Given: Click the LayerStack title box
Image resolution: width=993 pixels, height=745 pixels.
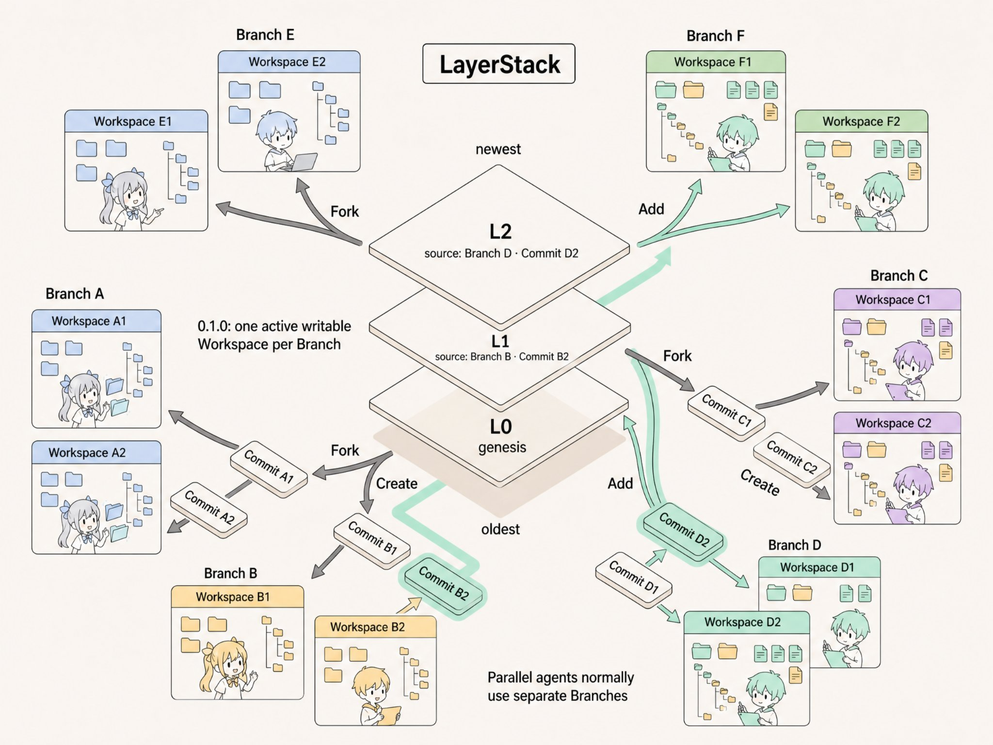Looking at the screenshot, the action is pyautogui.click(x=499, y=64).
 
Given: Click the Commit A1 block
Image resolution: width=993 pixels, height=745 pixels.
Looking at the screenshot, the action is pyautogui.click(x=269, y=468).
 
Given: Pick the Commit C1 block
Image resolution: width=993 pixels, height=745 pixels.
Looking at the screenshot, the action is pyautogui.click(x=726, y=413).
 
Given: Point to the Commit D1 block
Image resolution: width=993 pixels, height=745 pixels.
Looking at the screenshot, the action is pyautogui.click(x=634, y=579).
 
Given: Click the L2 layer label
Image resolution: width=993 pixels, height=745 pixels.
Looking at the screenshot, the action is pyautogui.click(x=500, y=232).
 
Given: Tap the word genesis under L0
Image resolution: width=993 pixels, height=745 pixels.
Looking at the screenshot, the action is pyautogui.click(x=502, y=447).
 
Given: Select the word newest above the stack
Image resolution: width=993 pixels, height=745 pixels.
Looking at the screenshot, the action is pyautogui.click(x=498, y=149).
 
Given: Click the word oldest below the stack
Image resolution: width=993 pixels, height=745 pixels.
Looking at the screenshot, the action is pyautogui.click(x=500, y=529).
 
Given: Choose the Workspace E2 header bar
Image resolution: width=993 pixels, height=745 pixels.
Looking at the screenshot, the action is pyautogui.click(x=289, y=62).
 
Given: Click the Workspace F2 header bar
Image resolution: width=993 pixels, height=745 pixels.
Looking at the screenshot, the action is pyautogui.click(x=861, y=121).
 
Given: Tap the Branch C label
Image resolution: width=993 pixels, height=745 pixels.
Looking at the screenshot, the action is pyautogui.click(x=898, y=276).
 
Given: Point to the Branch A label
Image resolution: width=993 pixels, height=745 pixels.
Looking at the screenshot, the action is pyautogui.click(x=75, y=294).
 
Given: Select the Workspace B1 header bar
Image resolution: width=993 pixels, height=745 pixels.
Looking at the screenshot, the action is pyautogui.click(x=238, y=596).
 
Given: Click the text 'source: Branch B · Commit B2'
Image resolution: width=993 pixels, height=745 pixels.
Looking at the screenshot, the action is pyautogui.click(x=502, y=357).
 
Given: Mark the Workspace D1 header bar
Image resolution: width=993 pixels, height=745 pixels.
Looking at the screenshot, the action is pyautogui.click(x=819, y=567).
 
